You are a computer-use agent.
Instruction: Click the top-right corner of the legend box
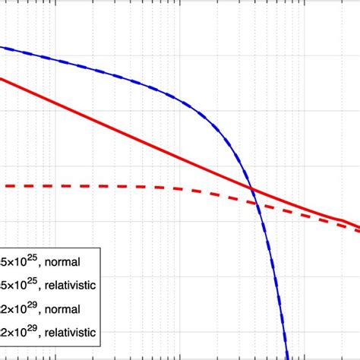[x=99, y=248]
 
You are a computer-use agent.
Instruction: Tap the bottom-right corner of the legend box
[x=99, y=347]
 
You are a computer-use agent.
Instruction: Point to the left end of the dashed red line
[x=2, y=186]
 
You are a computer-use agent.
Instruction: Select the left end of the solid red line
[x=2, y=77]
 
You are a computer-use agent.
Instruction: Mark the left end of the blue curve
[x=2, y=48]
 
